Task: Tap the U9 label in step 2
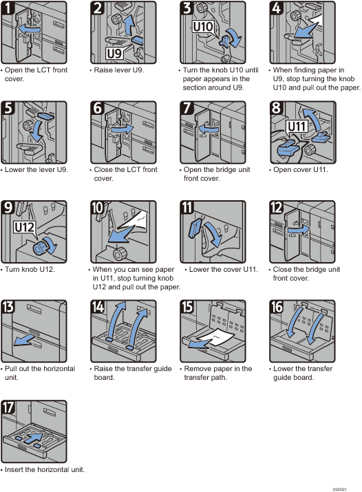[115, 52]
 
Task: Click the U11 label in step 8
[296, 127]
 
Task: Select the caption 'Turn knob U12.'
[30, 269]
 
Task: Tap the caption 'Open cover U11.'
[300, 170]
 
